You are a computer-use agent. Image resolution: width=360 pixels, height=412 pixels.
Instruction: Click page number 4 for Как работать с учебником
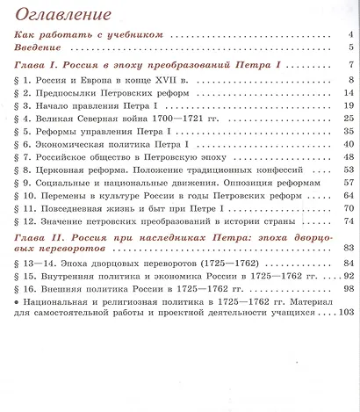point(349,35)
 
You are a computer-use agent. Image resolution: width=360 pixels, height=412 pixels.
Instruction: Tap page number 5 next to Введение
point(349,48)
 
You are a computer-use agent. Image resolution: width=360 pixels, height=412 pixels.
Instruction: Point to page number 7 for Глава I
point(349,66)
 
